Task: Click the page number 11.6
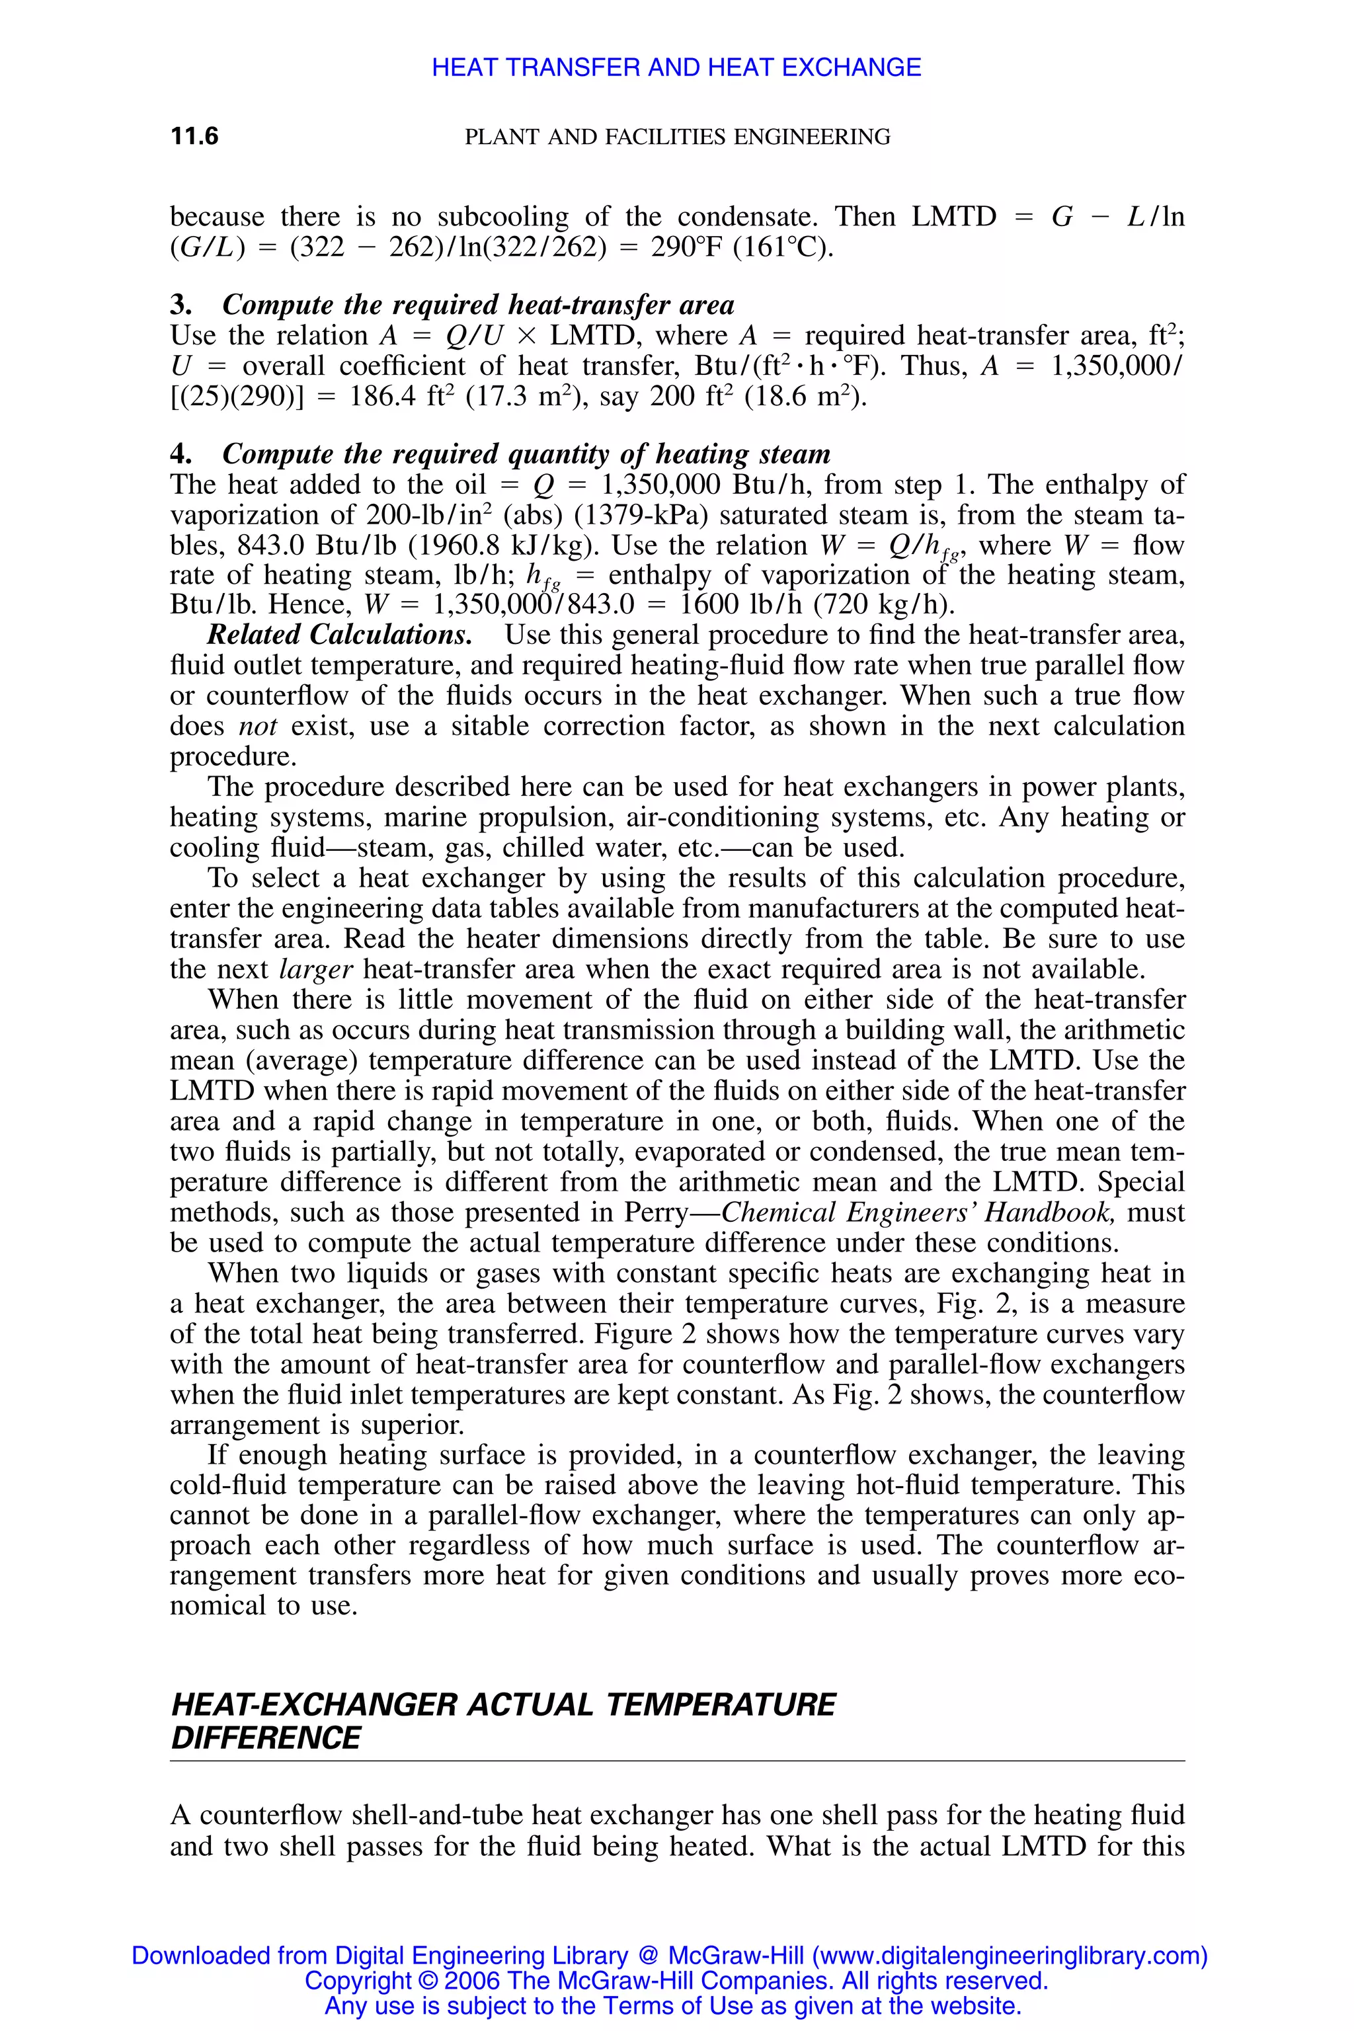coord(194,136)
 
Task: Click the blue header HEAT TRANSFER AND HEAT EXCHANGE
coord(676,67)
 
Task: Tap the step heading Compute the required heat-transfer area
coord(479,305)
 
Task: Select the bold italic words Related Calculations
coord(339,635)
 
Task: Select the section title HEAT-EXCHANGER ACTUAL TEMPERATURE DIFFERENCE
coord(503,1721)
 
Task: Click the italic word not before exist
coord(257,726)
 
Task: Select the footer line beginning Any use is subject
coord(672,2006)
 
